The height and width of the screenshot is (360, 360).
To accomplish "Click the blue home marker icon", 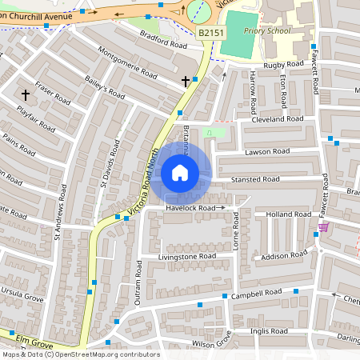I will pos(180,173).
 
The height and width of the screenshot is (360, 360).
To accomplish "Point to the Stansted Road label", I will pos(255,179).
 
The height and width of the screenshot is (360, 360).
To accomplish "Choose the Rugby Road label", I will pos(284,63).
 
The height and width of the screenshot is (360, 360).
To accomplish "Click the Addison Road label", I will pos(285,255).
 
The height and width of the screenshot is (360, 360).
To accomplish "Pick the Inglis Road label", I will pos(269,330).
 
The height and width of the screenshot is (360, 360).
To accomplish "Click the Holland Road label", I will pos(288,214).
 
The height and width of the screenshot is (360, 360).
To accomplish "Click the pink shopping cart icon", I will pos(323,227).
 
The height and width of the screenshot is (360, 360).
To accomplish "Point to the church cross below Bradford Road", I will pos(186,81).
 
